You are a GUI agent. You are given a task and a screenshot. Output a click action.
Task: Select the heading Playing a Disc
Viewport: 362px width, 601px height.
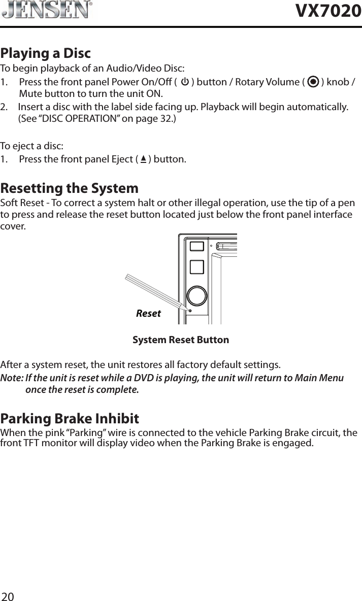[46, 53]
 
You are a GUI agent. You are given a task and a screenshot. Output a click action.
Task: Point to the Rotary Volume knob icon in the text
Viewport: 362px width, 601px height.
[313, 82]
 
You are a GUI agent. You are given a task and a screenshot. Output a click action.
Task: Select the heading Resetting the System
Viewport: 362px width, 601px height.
[70, 188]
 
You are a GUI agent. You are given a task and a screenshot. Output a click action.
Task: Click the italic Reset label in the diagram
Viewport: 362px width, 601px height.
[148, 313]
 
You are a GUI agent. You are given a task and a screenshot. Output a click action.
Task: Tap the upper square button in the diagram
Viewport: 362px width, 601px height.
[197, 246]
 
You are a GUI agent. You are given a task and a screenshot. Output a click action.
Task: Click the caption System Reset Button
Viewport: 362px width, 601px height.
[181, 340]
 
